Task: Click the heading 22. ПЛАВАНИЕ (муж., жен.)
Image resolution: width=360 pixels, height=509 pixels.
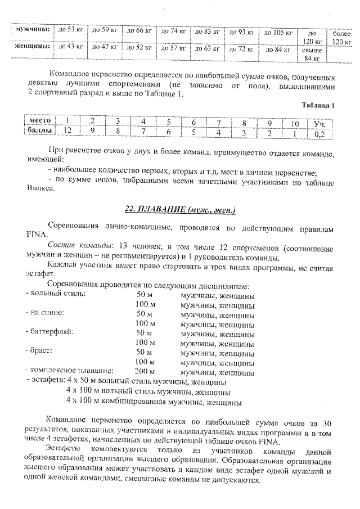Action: (x=179, y=210)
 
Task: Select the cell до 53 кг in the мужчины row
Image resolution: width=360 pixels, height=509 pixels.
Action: (x=70, y=30)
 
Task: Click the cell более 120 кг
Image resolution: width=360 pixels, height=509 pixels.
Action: (x=341, y=37)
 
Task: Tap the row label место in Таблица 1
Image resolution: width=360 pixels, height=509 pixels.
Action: (x=40, y=120)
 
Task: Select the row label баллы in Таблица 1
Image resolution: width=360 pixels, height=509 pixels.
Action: (x=40, y=130)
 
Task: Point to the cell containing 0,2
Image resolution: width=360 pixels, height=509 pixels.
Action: (x=320, y=133)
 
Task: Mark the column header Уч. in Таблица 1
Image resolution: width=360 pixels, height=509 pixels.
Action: (x=319, y=123)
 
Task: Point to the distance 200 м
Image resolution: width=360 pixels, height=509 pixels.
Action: (x=145, y=371)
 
